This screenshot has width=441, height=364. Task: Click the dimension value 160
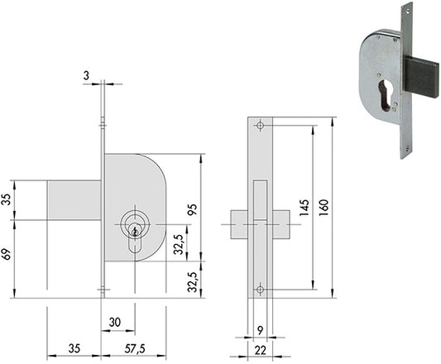[324, 208]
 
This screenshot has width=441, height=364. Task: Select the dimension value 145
[304, 208]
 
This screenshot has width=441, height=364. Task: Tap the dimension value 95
[193, 209]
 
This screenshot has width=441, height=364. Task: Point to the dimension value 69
[7, 254]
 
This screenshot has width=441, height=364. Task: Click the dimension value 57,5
[135, 349]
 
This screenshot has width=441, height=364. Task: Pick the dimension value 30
[115, 323]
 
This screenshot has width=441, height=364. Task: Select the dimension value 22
[260, 350]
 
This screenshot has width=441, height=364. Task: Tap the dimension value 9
[260, 331]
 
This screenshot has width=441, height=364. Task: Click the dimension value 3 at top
[86, 75]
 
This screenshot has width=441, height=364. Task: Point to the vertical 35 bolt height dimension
[7, 199]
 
